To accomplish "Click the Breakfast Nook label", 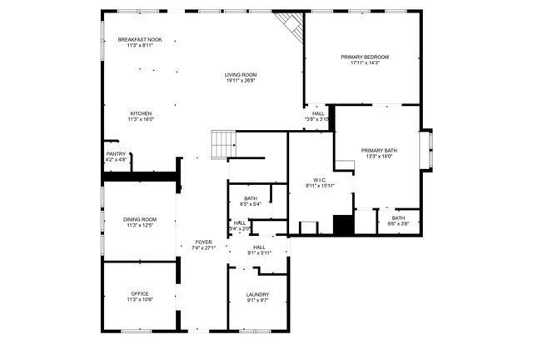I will pyautogui.click(x=139, y=39).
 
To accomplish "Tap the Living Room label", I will pyautogui.click(x=240, y=76).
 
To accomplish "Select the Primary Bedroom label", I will pyautogui.click(x=365, y=57).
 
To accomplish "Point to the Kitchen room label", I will pyautogui.click(x=140, y=113).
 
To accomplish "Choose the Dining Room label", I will pyautogui.click(x=140, y=219).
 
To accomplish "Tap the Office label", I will pyautogui.click(x=140, y=293).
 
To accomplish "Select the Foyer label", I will pyautogui.click(x=204, y=242).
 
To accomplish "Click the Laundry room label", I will pyautogui.click(x=257, y=294).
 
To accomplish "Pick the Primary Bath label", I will pyautogui.click(x=379, y=151).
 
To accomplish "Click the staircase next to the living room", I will pyautogui.click(x=221, y=145).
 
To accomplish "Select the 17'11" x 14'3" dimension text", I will pyautogui.click(x=365, y=62).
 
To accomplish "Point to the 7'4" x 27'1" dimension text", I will pyautogui.click(x=204, y=247).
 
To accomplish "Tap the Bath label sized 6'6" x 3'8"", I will pyautogui.click(x=399, y=218).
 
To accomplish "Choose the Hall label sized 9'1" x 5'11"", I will pyautogui.click(x=259, y=247).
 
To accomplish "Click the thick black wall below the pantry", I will pyautogui.click(x=141, y=175).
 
